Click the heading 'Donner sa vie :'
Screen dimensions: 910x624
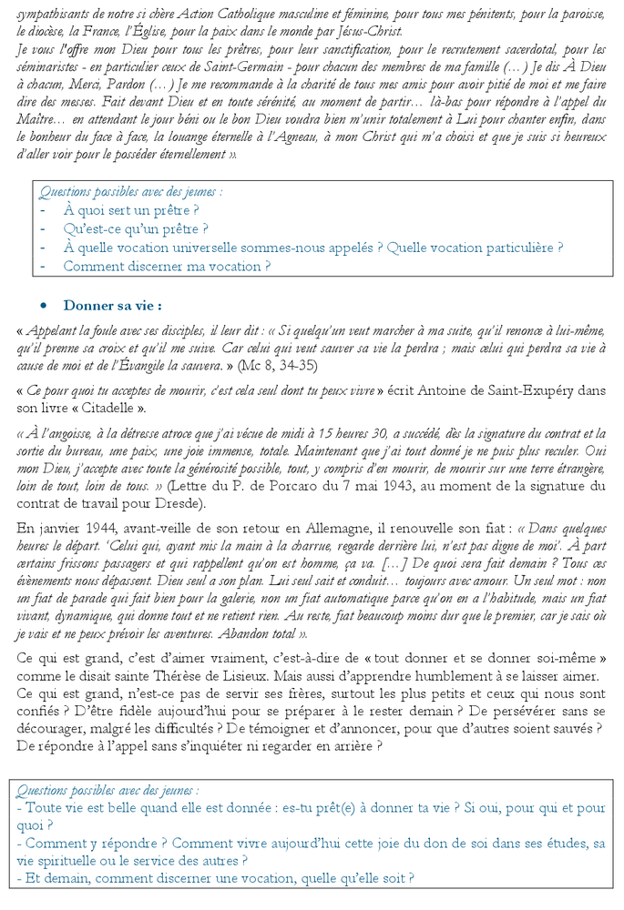click(113, 305)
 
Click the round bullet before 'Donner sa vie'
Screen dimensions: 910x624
click(43, 306)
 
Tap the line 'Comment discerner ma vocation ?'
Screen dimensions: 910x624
click(167, 267)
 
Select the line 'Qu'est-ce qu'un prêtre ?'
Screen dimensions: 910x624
click(136, 229)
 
